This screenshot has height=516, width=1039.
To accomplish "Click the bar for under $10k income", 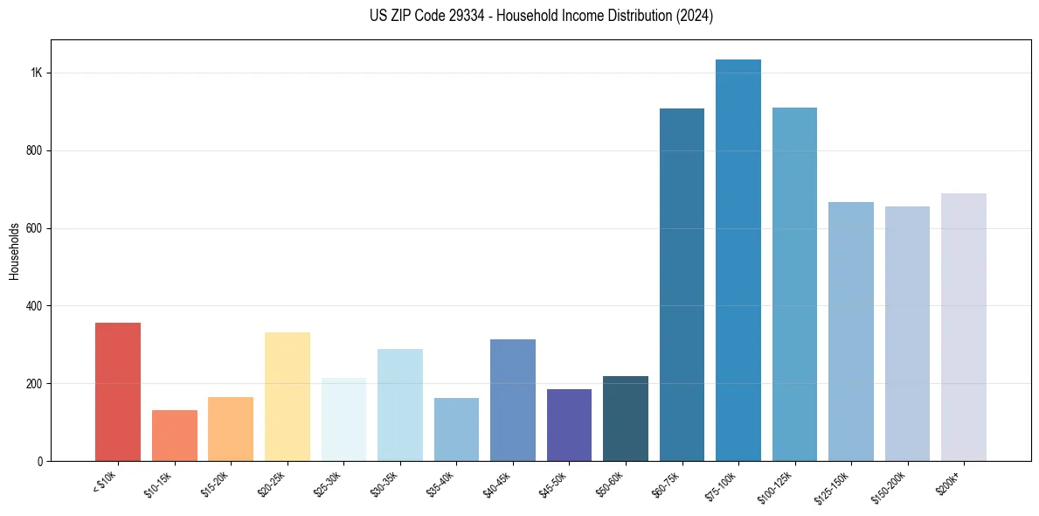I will (x=118, y=392).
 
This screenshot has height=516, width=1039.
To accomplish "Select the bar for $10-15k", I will (x=175, y=436).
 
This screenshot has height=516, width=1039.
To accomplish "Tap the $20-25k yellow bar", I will (x=287, y=396).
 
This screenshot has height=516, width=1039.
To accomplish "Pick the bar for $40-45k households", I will (x=513, y=400).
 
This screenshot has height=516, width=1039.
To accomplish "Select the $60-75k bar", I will (x=682, y=284).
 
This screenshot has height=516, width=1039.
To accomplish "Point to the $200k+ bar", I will (x=964, y=327).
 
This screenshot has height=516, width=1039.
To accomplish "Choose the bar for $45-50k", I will (x=569, y=425).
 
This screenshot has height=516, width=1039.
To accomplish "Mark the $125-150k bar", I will (x=851, y=331).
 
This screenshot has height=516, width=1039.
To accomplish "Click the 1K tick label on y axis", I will (x=37, y=73).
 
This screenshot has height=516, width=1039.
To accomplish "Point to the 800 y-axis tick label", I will (x=35, y=150).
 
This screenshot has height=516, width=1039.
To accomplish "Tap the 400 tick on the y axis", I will (x=35, y=306).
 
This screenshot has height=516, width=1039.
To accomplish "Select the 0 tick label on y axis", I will (x=40, y=461).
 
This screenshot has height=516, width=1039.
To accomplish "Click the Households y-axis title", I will (x=14, y=251).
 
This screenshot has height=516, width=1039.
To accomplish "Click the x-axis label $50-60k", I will (x=610, y=482).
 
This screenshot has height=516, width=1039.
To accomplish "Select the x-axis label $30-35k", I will (x=384, y=482).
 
